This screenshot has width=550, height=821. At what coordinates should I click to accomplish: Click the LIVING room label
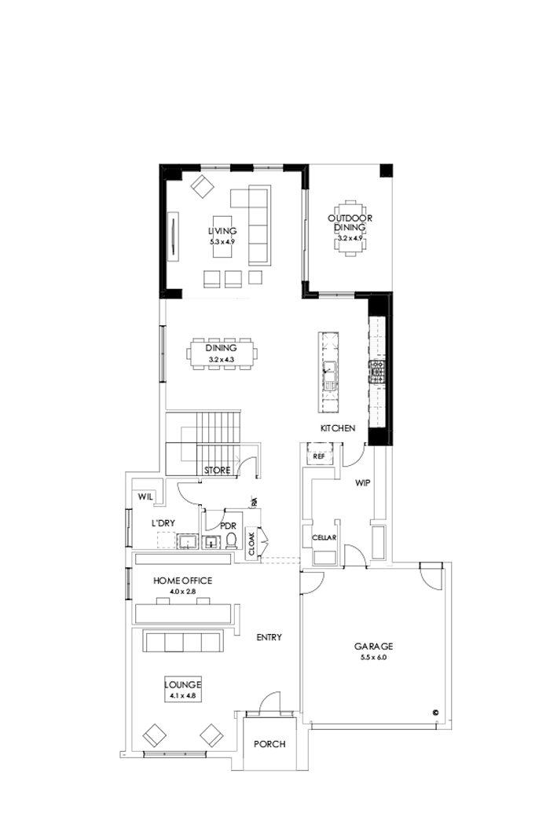[222, 231]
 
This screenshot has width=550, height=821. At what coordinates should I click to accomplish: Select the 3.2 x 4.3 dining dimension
[222, 359]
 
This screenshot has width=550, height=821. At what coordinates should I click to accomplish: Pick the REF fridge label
[319, 456]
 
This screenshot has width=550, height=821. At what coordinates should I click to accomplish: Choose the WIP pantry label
[362, 483]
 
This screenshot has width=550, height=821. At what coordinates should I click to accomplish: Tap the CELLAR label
[324, 537]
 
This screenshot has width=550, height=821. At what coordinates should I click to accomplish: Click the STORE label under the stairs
[217, 471]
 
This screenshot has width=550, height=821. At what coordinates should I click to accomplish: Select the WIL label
[145, 497]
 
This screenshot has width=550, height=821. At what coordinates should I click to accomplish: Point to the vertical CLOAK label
[251, 543]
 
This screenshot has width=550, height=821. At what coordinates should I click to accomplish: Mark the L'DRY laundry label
[163, 522]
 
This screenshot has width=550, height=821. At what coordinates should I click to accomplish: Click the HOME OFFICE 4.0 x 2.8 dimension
[183, 591]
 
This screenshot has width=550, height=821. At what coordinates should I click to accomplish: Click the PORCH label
[269, 744]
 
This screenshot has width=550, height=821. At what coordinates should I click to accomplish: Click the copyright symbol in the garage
[433, 713]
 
